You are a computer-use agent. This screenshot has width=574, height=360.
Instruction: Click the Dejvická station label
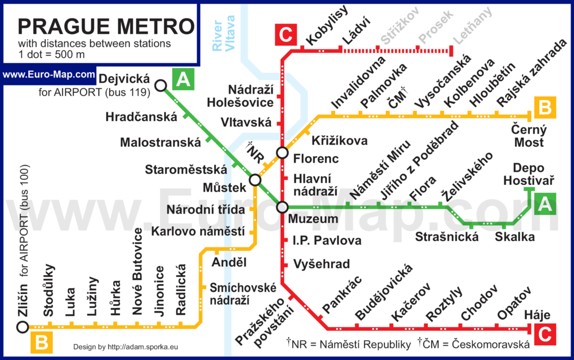(124, 79)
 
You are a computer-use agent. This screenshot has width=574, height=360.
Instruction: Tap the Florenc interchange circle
(282, 152)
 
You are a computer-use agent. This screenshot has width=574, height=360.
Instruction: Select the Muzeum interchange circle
(282, 207)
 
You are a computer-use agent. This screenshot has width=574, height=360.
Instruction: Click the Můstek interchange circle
(255, 180)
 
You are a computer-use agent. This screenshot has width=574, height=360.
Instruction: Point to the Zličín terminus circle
(22, 327)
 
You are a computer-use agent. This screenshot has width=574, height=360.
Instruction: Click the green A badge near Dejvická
(183, 80)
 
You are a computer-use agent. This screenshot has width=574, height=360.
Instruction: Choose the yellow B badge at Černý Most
(545, 107)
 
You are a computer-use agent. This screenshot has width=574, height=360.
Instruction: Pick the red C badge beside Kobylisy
(285, 35)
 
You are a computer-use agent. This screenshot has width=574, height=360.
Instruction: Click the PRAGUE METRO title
(106, 26)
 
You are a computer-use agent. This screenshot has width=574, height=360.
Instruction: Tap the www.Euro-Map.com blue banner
(48, 75)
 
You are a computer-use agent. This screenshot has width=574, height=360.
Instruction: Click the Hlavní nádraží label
(315, 185)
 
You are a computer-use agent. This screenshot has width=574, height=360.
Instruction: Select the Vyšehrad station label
(321, 264)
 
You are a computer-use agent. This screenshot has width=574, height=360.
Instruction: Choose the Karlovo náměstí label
(197, 231)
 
